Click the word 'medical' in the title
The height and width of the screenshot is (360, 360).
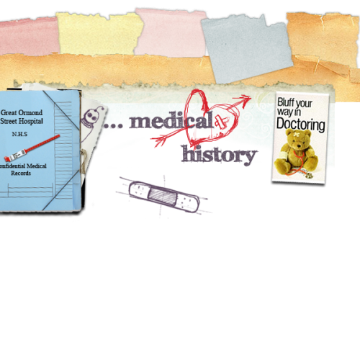(x=171, y=120)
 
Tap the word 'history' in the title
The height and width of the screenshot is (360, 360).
(x=219, y=155)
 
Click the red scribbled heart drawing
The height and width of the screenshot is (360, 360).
(x=211, y=117)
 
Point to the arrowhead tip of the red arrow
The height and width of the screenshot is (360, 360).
(x=251, y=97)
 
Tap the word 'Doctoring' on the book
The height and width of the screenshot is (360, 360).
(x=301, y=125)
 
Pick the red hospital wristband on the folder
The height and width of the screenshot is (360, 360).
(x=32, y=148)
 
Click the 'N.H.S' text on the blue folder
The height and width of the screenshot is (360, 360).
(x=19, y=134)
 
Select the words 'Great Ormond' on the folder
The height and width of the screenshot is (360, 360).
(x=22, y=112)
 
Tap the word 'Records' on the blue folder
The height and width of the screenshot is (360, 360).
(x=21, y=173)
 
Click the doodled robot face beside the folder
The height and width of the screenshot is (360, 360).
(x=91, y=117)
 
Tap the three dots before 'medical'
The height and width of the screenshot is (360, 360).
(x=113, y=126)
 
